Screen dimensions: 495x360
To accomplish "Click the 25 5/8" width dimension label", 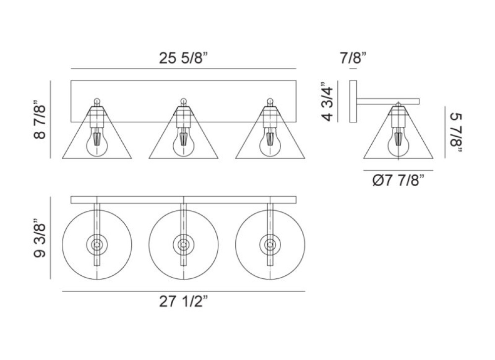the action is click(184, 58).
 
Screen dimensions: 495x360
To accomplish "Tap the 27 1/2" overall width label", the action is click(184, 302).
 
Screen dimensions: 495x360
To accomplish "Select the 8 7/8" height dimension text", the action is click(40, 120).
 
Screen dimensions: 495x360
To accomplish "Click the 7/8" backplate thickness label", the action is click(353, 58).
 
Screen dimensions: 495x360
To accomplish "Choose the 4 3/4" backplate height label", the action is click(328, 102).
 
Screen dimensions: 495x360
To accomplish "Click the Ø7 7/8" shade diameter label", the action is click(398, 181).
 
